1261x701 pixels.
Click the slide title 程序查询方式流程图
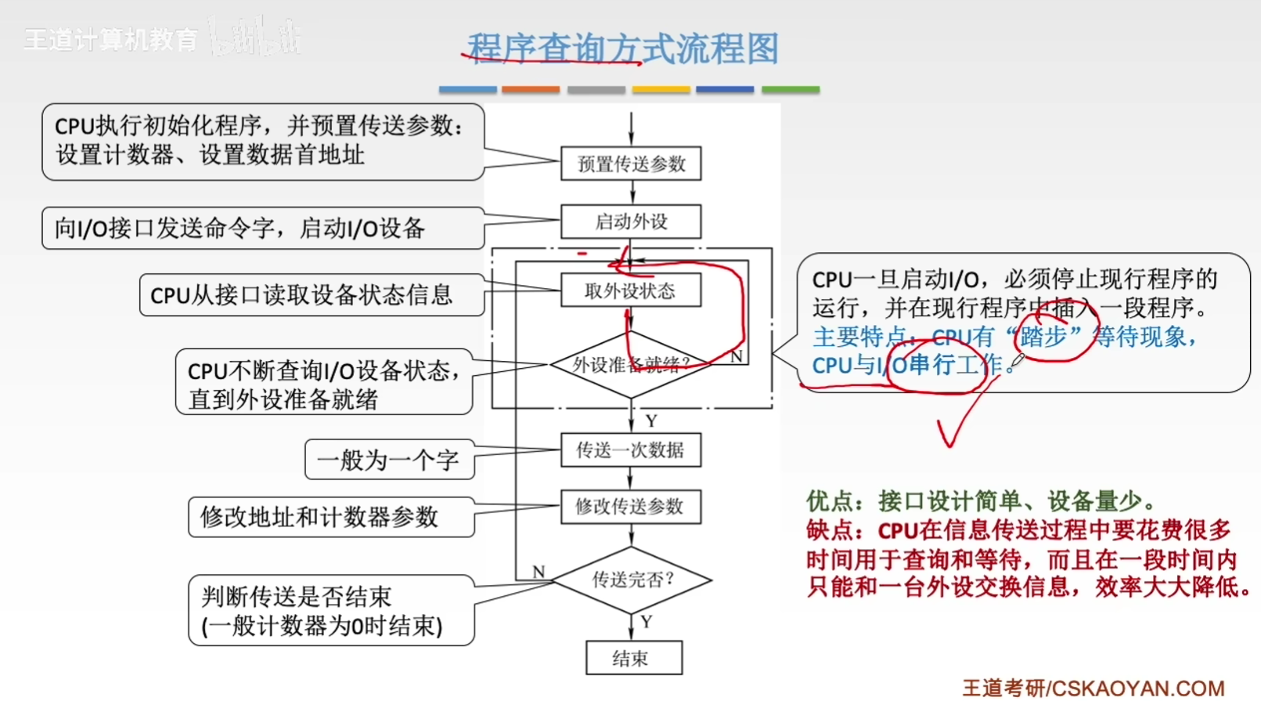click(x=622, y=49)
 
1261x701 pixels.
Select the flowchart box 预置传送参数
click(x=631, y=164)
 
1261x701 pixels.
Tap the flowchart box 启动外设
click(x=631, y=222)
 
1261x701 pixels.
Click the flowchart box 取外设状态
click(x=631, y=291)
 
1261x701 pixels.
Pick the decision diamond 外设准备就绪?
click(x=631, y=364)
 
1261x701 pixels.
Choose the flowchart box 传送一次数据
click(x=631, y=450)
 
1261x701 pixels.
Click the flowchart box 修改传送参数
click(x=631, y=507)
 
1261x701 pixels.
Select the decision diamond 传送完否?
click(x=631, y=580)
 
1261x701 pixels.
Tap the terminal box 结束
click(x=633, y=658)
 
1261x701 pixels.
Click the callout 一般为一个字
click(x=389, y=460)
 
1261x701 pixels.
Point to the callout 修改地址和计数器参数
click(x=331, y=517)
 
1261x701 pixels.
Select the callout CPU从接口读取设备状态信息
click(x=311, y=295)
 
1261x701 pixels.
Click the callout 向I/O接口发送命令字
click(x=262, y=228)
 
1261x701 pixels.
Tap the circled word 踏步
click(x=1043, y=337)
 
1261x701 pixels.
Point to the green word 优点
click(x=829, y=500)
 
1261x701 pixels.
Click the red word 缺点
click(x=829, y=530)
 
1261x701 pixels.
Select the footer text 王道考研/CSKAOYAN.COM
click(x=1093, y=688)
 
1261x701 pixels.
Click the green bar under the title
click(x=791, y=90)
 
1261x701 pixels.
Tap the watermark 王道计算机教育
click(x=110, y=39)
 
